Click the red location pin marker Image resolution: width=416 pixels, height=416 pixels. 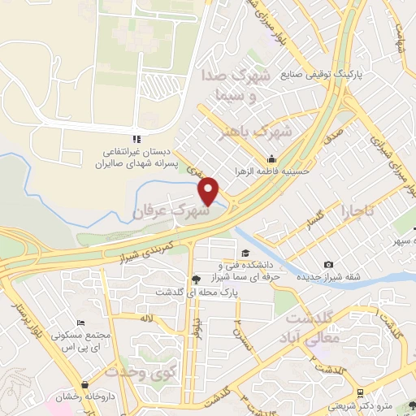tap(210, 190)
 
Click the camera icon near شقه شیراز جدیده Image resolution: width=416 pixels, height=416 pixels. tap(328, 265)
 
